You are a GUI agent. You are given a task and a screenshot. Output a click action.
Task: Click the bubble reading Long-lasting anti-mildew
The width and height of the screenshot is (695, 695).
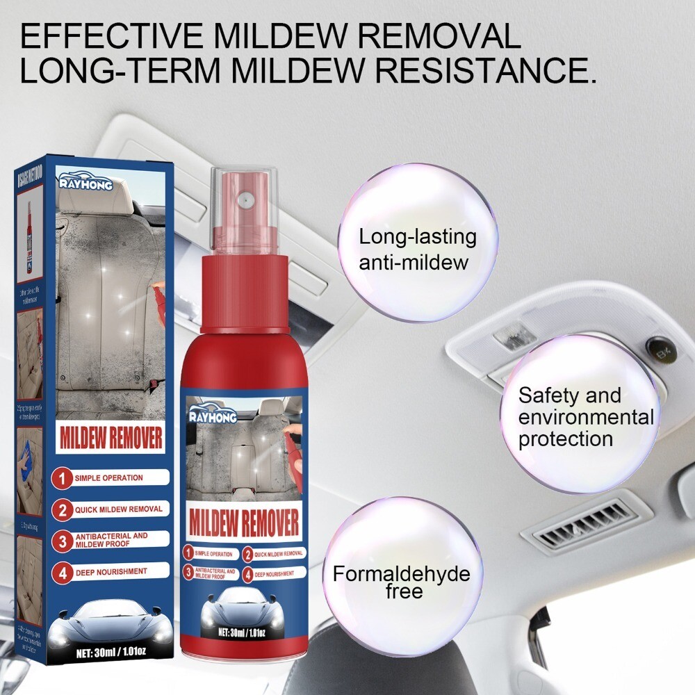coord(418,243)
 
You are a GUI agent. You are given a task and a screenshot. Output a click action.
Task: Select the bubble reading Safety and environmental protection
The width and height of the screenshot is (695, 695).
coord(580,415)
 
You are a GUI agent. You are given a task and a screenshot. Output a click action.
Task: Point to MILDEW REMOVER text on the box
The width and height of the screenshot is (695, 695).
coord(111,439)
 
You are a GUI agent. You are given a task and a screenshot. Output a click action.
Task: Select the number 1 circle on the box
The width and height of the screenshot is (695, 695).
coord(63,479)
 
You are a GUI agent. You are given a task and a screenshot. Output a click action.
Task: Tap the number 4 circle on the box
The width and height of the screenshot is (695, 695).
coord(63,572)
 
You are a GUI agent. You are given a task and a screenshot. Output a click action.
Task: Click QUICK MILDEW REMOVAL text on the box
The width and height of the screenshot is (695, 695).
coord(119,509)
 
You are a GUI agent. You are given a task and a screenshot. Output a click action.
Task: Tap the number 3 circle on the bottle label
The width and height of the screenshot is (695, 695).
coord(188,572)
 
